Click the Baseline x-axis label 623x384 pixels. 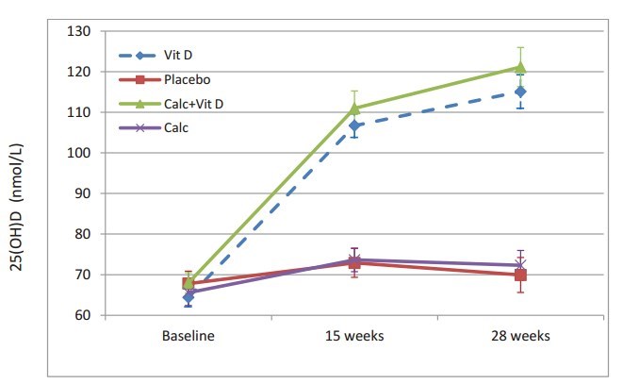(189, 336)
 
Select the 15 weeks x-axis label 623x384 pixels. (354, 336)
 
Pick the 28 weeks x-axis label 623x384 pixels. (520, 336)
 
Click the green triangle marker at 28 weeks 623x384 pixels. (520, 67)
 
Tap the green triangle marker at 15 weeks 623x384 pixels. (354, 109)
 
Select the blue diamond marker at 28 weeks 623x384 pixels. (520, 92)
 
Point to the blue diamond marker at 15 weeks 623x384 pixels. (354, 125)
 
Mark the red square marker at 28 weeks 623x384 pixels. (520, 275)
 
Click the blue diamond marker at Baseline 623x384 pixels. (189, 296)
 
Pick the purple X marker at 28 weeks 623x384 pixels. (520, 265)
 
